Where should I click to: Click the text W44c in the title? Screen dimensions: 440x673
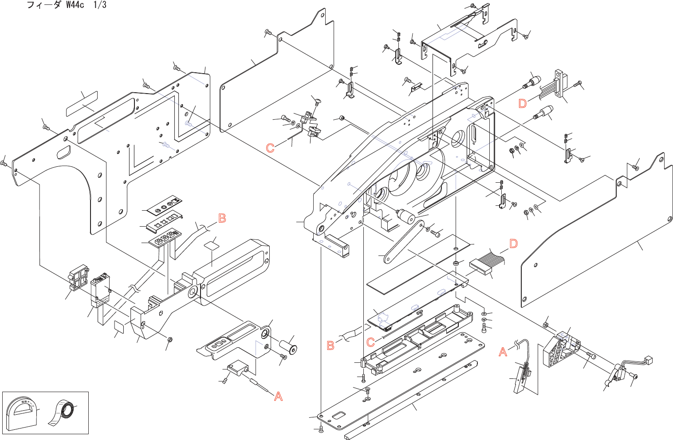pyautogui.click(x=75, y=5)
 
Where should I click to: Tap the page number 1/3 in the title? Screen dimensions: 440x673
pyautogui.click(x=100, y=5)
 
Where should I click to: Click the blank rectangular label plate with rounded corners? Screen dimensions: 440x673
pyautogui.click(x=82, y=104)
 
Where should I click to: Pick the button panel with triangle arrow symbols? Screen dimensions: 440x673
pyautogui.click(x=165, y=206)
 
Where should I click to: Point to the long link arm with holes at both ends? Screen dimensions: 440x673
pyautogui.click(x=403, y=242)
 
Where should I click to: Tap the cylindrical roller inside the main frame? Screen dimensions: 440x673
pyautogui.click(x=405, y=217)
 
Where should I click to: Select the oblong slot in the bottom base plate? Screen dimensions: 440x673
pyautogui.click(x=339, y=416)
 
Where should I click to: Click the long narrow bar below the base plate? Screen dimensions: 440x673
pyautogui.click(x=410, y=400)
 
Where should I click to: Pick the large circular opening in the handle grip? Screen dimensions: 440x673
pyautogui.click(x=193, y=292)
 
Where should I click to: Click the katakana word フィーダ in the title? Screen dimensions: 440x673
pyautogui.click(x=43, y=5)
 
